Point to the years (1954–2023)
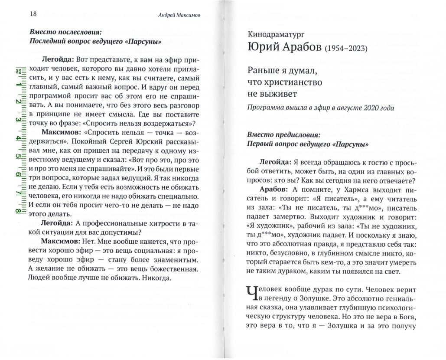345,48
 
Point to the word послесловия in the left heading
78,32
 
